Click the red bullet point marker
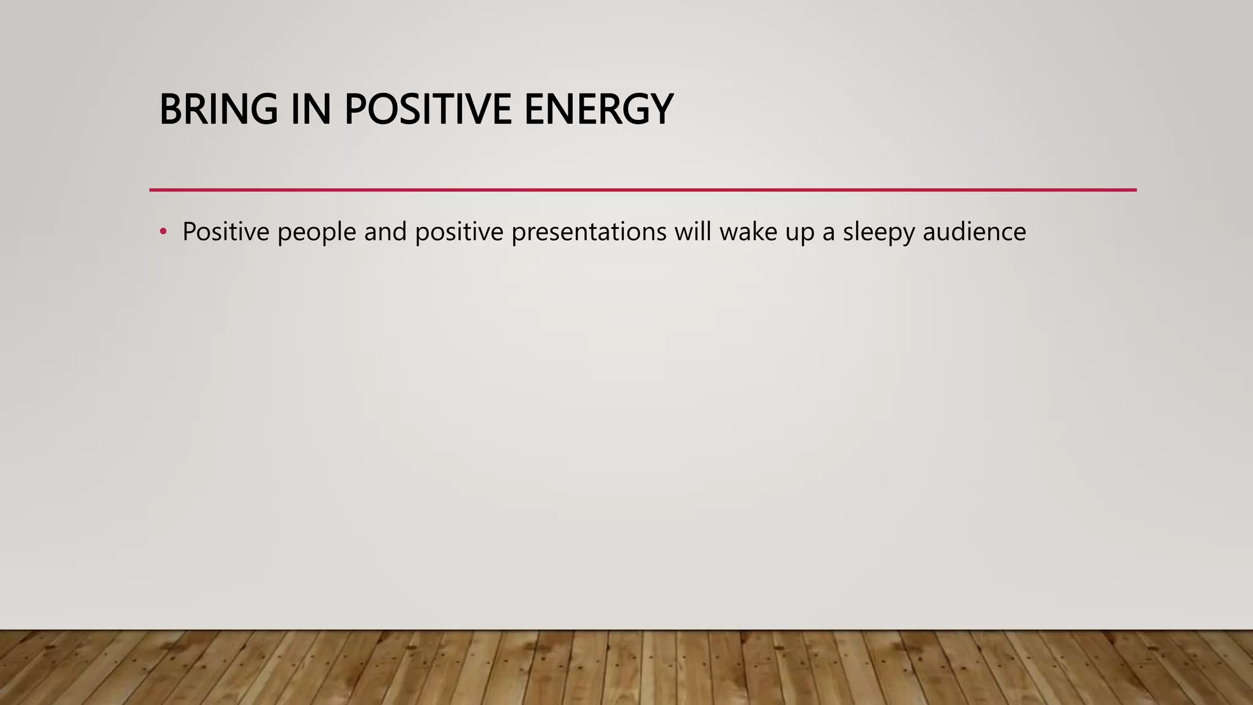(163, 232)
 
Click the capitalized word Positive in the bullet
(226, 232)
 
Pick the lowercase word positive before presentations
(459, 232)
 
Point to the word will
(693, 232)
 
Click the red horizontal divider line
(642, 190)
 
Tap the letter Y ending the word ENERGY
(661, 110)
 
